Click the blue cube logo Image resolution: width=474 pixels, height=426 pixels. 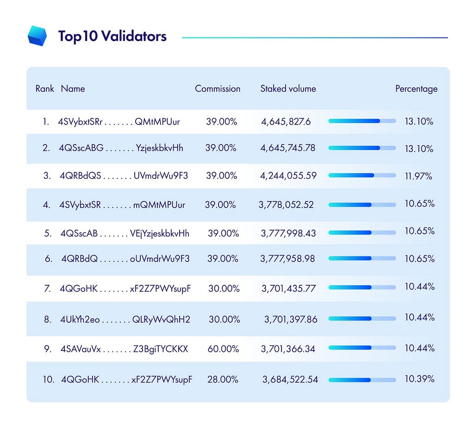point(37,36)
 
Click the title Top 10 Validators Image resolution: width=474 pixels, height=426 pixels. point(112,36)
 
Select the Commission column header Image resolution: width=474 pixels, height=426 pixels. point(218,88)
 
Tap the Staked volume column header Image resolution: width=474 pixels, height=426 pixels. point(288,88)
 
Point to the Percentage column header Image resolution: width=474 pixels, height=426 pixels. point(416,89)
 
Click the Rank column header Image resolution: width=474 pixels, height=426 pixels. point(45,88)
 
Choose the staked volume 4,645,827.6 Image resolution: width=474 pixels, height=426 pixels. point(286,121)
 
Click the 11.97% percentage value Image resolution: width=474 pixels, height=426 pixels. point(418,176)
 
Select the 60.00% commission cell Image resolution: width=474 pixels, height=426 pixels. point(223,349)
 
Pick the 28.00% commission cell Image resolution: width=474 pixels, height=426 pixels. point(223,379)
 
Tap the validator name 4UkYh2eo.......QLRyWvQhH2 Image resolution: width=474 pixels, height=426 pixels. point(125,319)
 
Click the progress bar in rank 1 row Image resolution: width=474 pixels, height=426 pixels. point(362,121)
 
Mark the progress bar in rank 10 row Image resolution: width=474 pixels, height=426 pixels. point(362,380)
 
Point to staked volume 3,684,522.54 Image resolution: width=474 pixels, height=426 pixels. point(290,379)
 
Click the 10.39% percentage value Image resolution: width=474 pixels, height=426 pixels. point(419,379)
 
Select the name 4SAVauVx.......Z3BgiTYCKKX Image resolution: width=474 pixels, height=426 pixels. point(124,349)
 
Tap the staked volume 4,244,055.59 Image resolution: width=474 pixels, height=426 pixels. point(288,175)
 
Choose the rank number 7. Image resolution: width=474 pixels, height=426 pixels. point(48,288)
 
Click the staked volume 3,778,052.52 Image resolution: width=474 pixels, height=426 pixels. point(286,205)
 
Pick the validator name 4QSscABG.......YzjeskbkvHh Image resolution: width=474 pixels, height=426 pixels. point(121,148)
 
